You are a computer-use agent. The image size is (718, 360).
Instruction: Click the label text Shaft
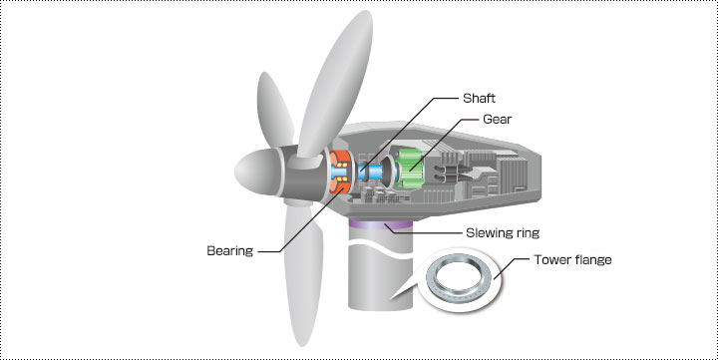point(479,98)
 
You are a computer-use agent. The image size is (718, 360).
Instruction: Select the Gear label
point(498,119)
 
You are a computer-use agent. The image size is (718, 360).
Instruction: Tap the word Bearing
point(230,251)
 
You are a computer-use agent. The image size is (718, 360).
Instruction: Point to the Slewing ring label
point(503,232)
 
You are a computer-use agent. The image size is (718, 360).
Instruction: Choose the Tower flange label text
point(572,259)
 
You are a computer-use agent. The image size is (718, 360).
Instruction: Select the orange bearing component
point(340,172)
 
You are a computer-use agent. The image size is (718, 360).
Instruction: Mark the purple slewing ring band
point(380,224)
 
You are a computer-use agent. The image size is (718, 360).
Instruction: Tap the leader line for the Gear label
point(438,144)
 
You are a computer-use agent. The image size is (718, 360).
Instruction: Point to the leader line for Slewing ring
point(423,230)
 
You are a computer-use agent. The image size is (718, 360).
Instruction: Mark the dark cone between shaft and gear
point(387,172)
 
